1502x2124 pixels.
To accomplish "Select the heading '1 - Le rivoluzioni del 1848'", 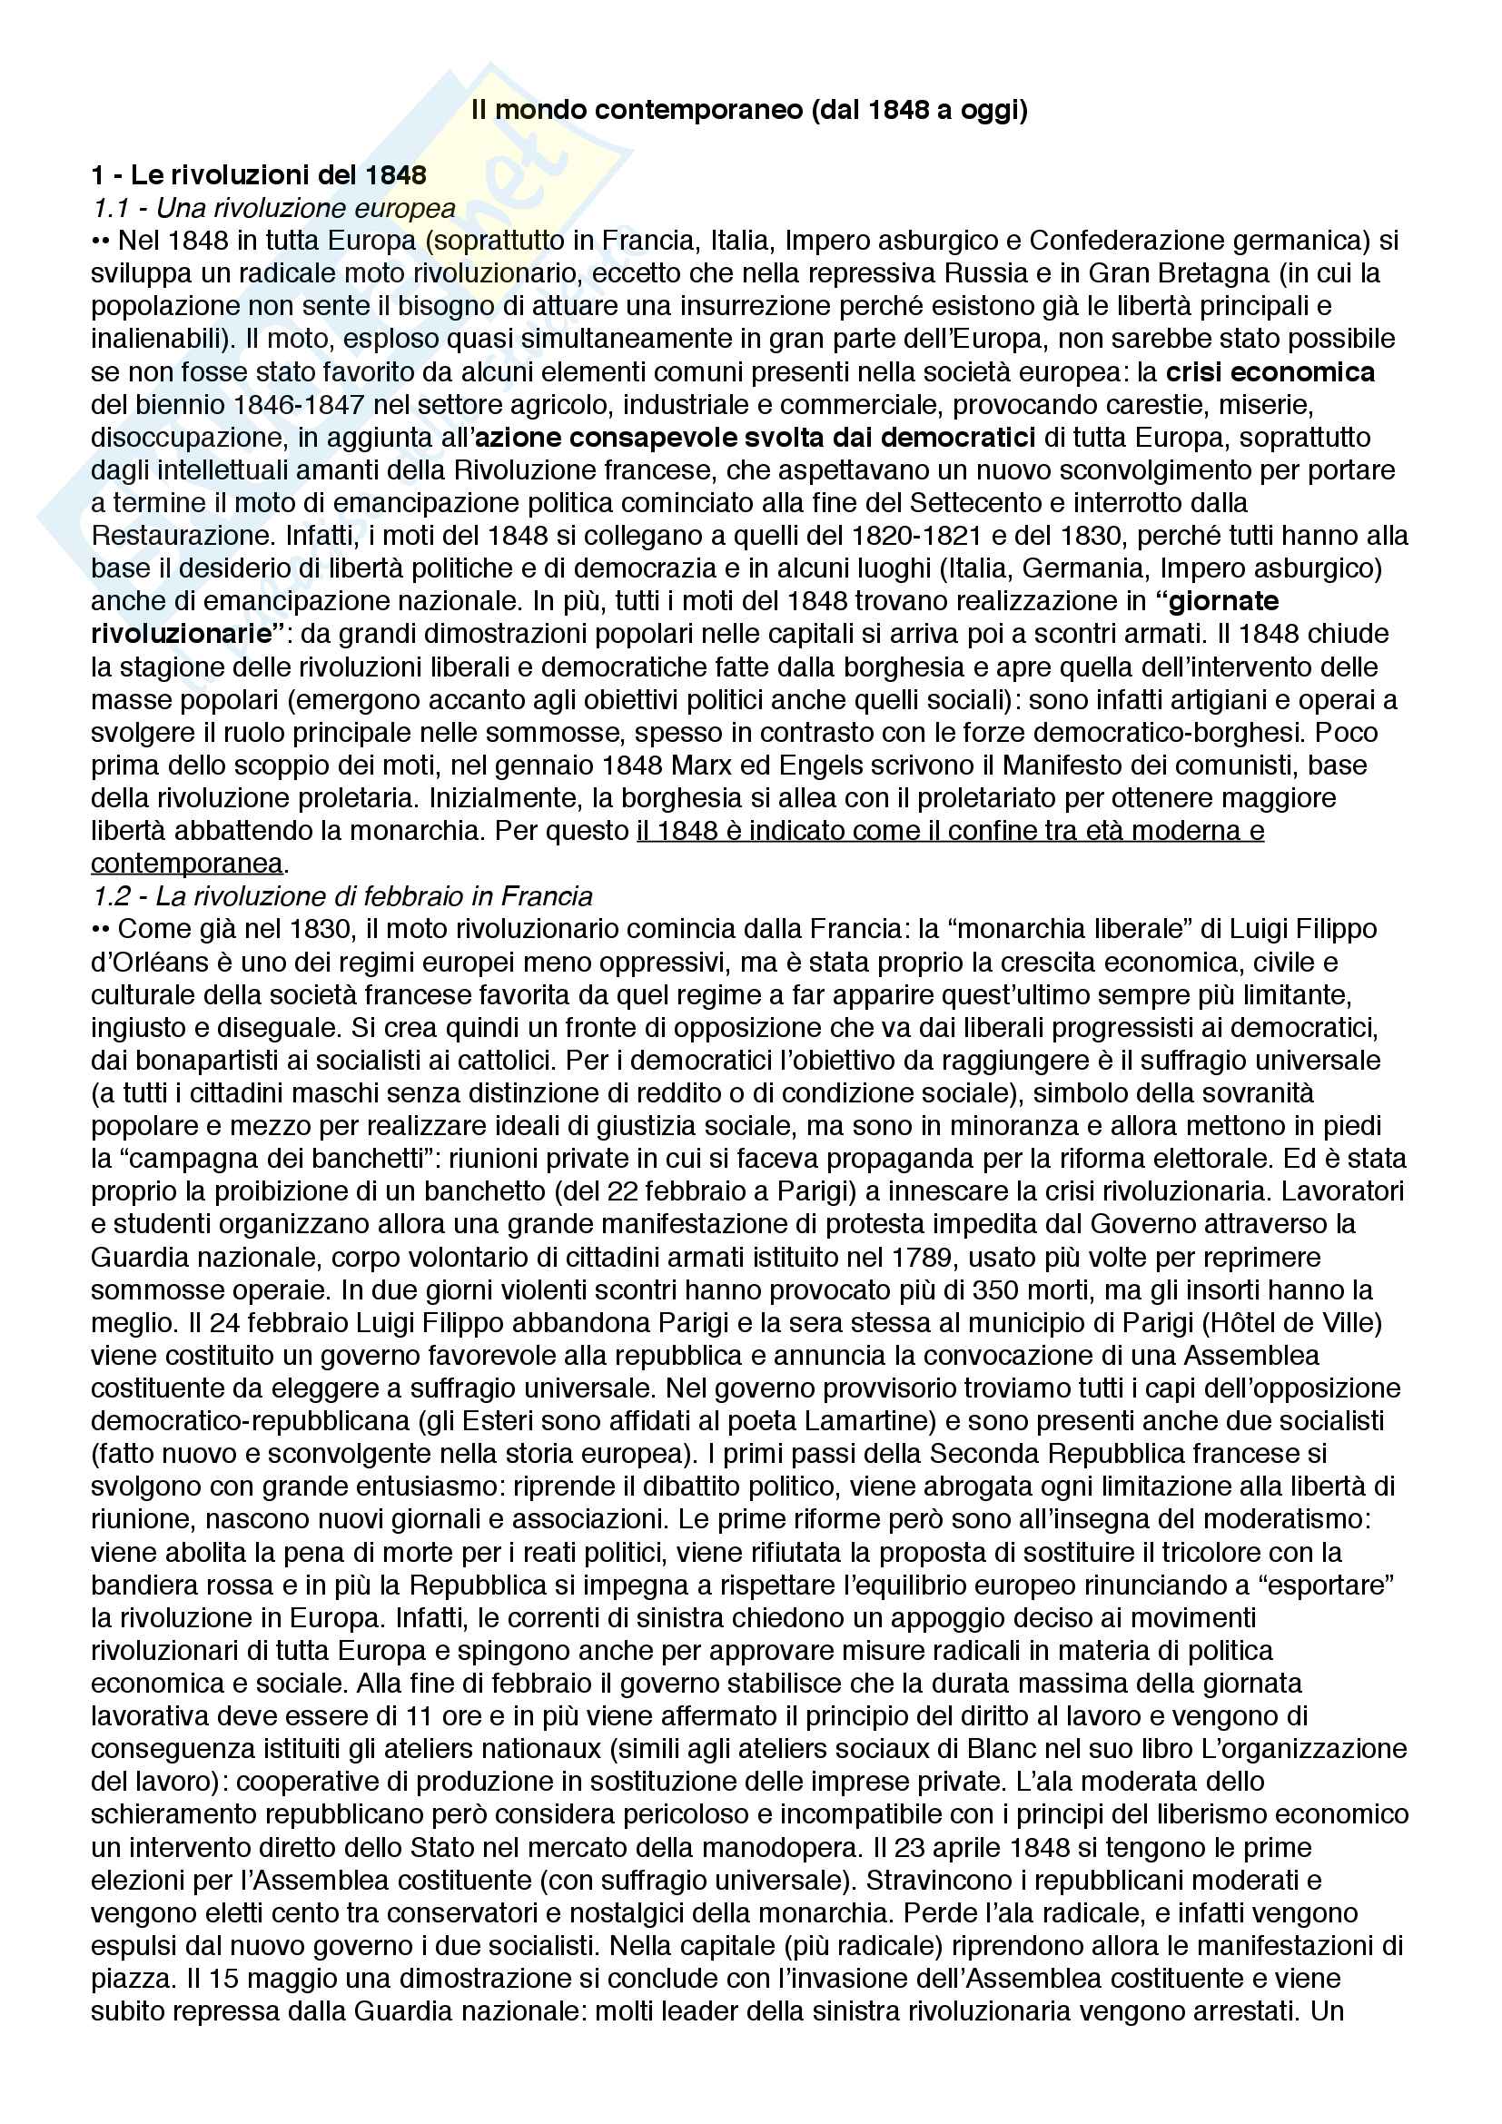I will click(259, 175).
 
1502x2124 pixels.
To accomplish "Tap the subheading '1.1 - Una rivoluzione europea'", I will click(273, 208).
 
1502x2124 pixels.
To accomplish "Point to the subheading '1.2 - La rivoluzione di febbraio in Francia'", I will click(342, 895).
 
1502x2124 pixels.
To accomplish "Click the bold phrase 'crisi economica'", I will click(1270, 372).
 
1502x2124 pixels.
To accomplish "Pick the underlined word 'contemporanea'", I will click(186, 863).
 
